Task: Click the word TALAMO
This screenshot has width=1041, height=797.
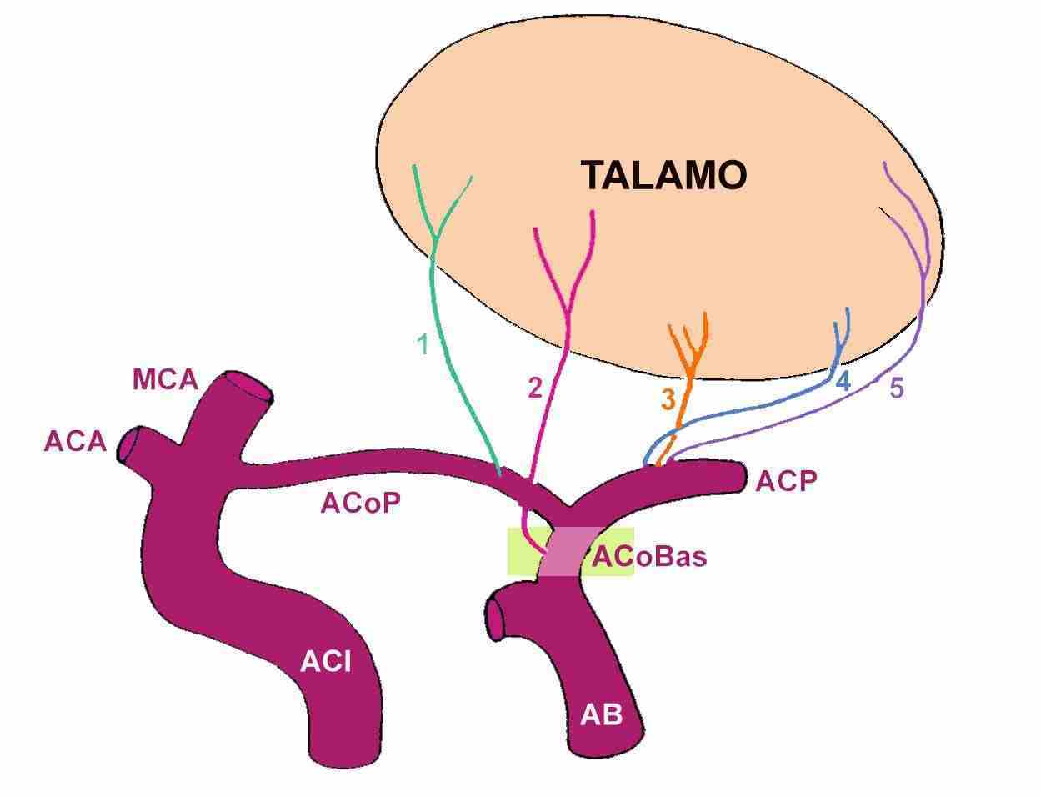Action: click(663, 175)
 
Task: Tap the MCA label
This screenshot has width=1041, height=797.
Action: click(165, 380)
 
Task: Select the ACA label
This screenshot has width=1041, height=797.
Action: click(75, 441)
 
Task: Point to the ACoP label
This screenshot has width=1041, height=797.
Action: click(361, 503)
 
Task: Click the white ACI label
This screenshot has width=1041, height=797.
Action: click(325, 662)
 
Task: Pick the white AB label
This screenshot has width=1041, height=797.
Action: click(601, 714)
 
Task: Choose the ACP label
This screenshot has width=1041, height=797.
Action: click(786, 481)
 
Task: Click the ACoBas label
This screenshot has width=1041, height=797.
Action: click(649, 556)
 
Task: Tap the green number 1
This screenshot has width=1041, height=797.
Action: click(423, 344)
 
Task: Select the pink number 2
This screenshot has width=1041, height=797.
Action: click(534, 388)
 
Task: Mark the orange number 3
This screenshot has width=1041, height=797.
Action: click(668, 400)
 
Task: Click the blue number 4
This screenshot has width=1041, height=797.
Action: click(843, 383)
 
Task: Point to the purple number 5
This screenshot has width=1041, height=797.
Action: click(896, 388)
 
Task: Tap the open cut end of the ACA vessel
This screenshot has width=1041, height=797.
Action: click(131, 446)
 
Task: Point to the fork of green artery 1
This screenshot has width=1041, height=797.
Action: click(436, 239)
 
